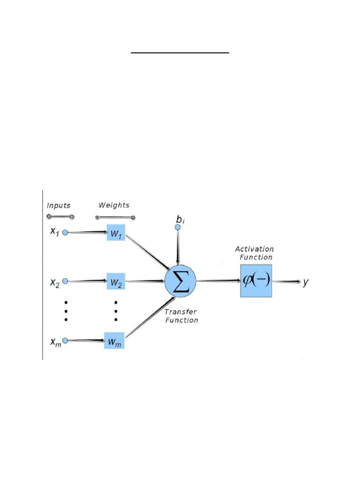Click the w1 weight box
(116, 233)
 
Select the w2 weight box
(116, 282)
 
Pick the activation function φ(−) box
(256, 281)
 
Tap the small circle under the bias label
(178, 227)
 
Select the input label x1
(54, 232)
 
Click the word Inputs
(59, 205)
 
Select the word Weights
(114, 205)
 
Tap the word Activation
(254, 249)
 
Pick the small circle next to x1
(65, 232)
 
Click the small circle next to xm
(65, 340)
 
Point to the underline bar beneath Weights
(115, 217)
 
